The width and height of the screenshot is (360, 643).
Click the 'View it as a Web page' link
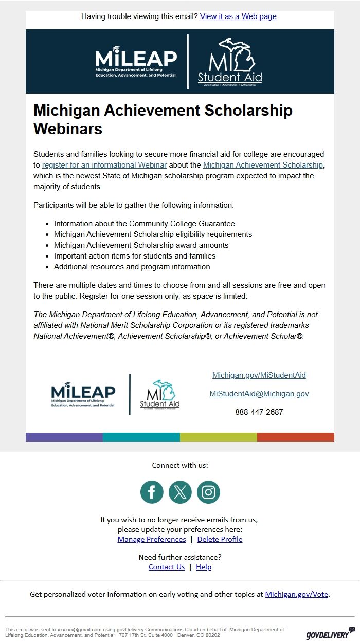point(238,16)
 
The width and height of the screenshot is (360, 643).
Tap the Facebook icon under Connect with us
point(152,492)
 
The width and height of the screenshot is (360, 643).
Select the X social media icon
point(180,492)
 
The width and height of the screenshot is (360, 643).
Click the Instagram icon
point(208,492)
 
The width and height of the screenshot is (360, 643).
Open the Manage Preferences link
point(152,539)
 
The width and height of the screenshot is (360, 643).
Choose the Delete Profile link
point(220,539)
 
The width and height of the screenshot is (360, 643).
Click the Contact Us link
point(167,567)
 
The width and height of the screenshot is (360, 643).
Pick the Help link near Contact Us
point(204,567)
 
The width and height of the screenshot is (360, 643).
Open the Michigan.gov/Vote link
point(296,594)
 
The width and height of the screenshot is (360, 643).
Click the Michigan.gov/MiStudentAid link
point(259,375)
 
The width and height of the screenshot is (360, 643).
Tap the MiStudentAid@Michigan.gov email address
point(259,394)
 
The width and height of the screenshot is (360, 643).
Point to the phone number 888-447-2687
point(259,412)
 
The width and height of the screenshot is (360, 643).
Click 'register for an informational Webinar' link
point(104,165)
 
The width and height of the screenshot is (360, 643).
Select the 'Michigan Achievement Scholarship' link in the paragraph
point(263,165)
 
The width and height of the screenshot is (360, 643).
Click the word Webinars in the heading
point(68,128)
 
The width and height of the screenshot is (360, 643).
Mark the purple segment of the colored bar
point(64,437)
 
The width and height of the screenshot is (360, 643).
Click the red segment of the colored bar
point(296,437)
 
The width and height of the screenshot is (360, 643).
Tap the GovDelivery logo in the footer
point(330,634)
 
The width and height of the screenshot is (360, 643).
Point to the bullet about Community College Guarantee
point(145,224)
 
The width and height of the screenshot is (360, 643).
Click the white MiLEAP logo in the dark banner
point(136,62)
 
